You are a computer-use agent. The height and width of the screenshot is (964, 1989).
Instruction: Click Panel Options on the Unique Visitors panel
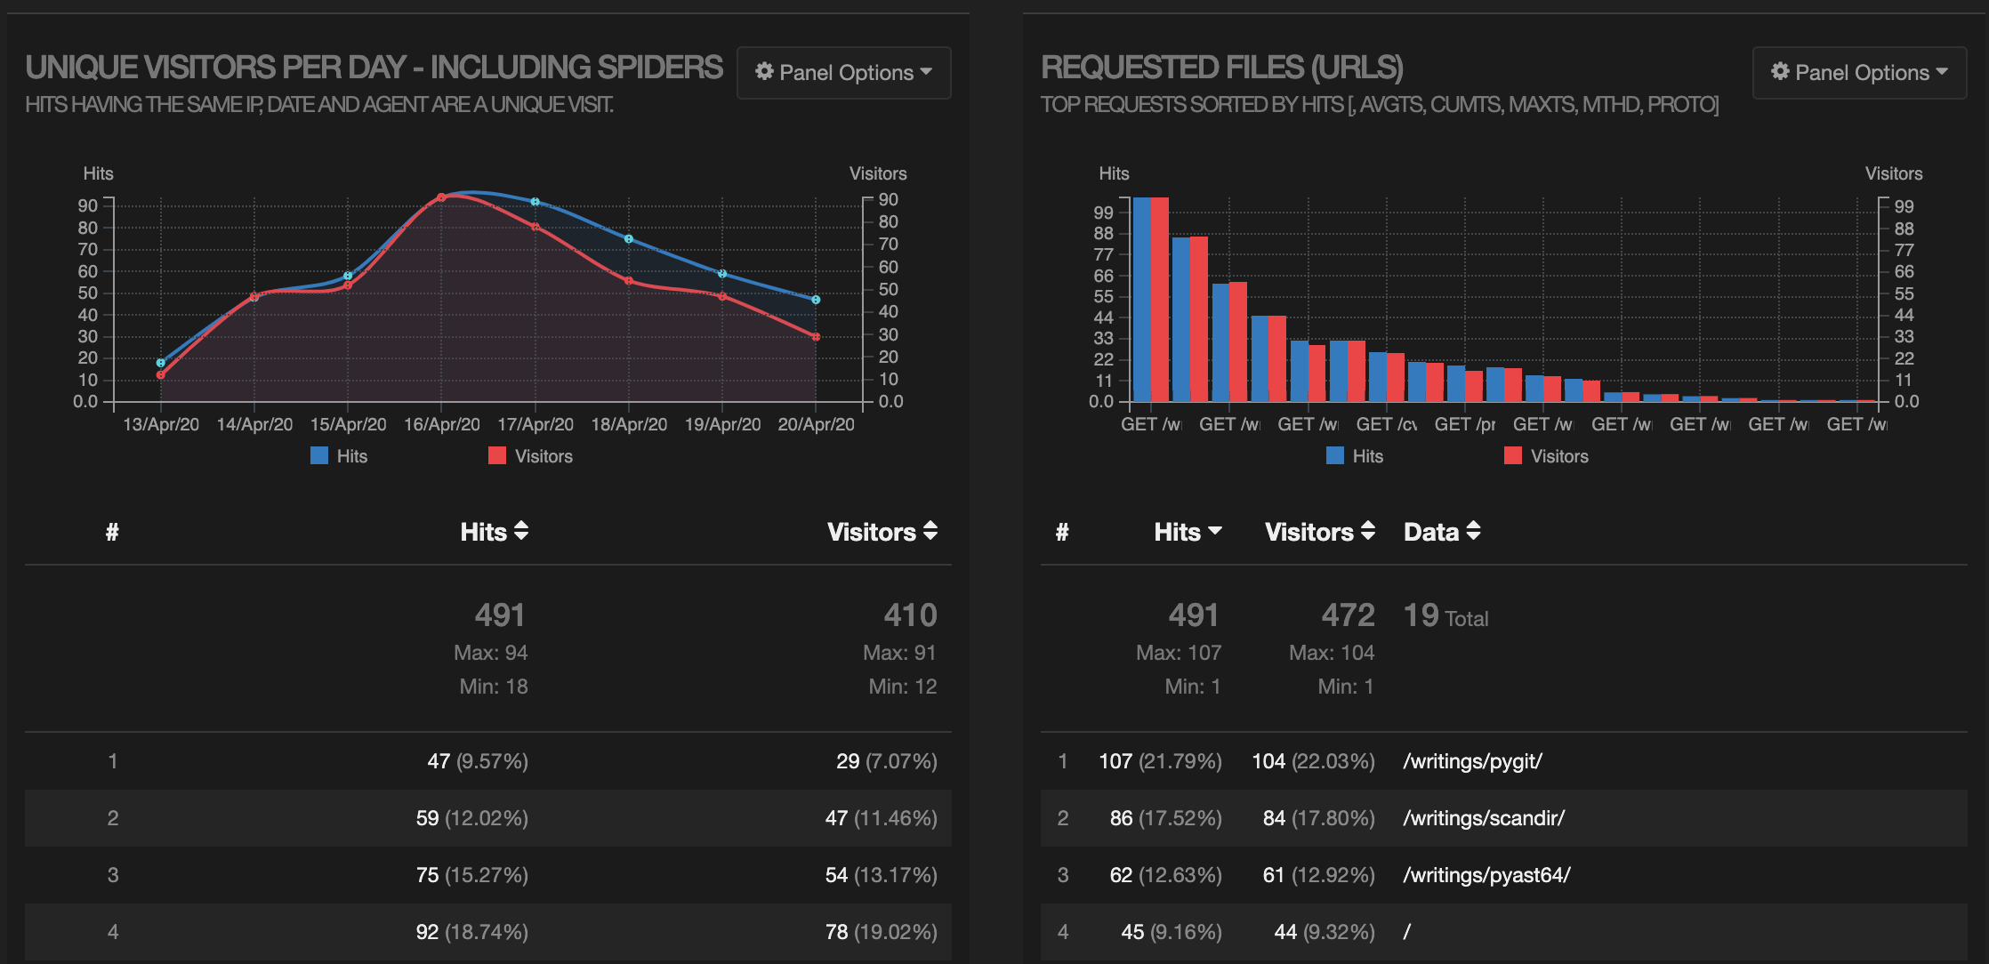[x=843, y=73]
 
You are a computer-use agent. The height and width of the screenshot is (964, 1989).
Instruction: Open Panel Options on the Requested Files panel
[x=1859, y=73]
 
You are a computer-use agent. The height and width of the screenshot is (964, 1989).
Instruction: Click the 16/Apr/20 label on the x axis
[x=441, y=424]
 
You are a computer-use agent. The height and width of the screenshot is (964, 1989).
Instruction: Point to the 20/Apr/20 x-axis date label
[x=816, y=424]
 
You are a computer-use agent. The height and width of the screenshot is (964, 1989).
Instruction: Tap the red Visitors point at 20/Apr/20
[x=816, y=337]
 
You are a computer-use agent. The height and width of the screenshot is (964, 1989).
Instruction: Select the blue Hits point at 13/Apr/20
[x=161, y=363]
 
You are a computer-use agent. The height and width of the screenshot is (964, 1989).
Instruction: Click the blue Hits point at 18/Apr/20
[x=629, y=239]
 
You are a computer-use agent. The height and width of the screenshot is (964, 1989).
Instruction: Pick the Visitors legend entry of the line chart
[x=531, y=456]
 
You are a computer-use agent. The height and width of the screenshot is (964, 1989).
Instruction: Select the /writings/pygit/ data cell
[x=1472, y=761]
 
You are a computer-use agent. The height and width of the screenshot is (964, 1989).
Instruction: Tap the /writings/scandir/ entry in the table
[x=1484, y=818]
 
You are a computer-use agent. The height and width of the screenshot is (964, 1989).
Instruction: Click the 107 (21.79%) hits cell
[x=1160, y=761]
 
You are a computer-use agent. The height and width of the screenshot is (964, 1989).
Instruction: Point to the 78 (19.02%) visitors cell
[x=881, y=932]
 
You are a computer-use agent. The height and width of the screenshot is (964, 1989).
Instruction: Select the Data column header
[x=1441, y=532]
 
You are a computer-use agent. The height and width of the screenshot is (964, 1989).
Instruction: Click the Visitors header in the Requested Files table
[x=1319, y=532]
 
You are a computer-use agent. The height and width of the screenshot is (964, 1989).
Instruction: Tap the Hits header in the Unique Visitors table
[x=494, y=532]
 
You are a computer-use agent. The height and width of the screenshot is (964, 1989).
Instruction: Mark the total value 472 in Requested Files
[x=1348, y=615]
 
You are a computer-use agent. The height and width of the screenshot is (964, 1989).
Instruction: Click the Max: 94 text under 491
[x=490, y=653]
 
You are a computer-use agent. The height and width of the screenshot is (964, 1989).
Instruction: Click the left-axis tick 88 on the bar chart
[x=1103, y=233]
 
